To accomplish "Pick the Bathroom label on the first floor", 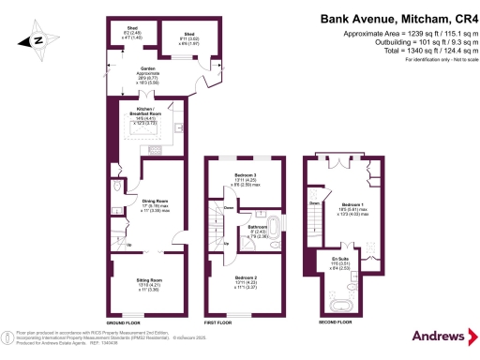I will [x=259, y=229].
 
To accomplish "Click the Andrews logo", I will [x=437, y=336].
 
